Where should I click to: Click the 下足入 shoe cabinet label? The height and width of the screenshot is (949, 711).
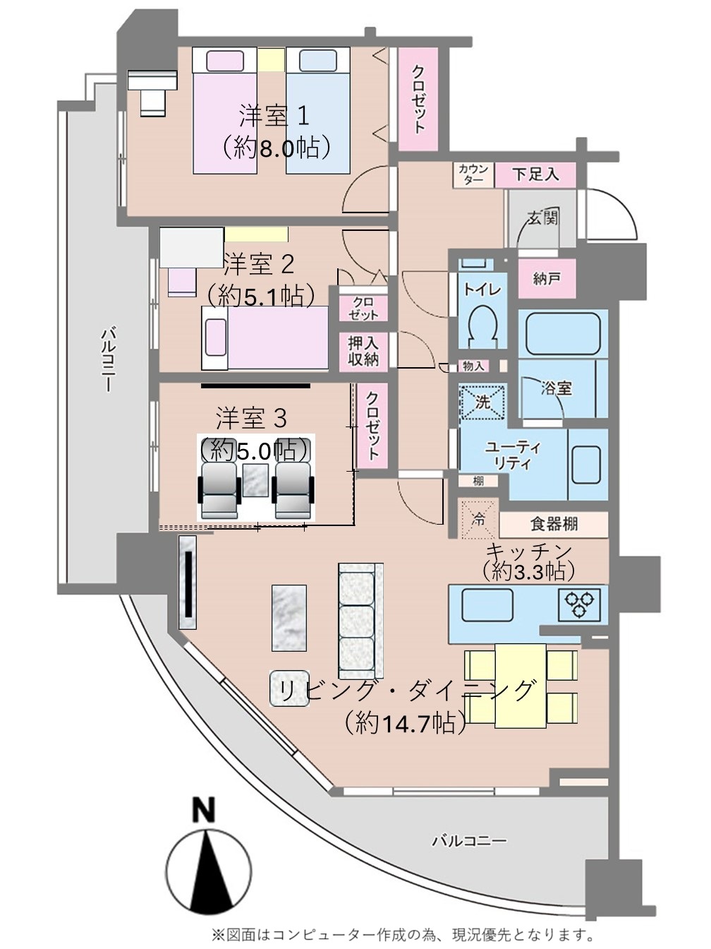tap(535, 174)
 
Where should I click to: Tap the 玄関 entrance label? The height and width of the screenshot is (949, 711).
tap(543, 218)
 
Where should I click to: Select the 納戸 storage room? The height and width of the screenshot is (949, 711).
tap(547, 279)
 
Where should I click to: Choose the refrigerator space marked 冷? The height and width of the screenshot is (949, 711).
tap(478, 519)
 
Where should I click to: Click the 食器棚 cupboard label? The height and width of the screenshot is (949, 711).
tap(554, 524)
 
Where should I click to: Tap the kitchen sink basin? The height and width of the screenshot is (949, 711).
tap(488, 604)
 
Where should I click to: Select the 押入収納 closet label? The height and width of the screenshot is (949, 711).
tap(363, 351)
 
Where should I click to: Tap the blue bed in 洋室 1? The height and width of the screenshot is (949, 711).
tap(317, 111)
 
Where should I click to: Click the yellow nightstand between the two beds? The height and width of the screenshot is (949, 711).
tap(271, 59)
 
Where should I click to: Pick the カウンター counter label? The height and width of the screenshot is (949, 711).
tap(473, 174)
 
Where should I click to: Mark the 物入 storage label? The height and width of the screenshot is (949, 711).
tap(473, 366)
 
